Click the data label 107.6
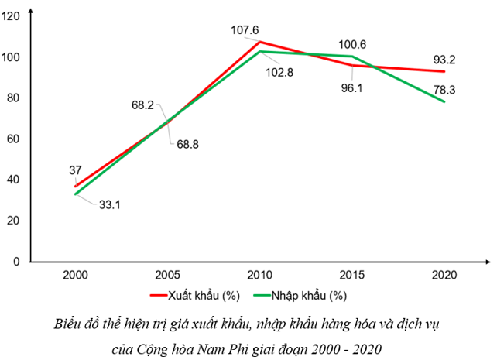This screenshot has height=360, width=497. pyautogui.click(x=245, y=31)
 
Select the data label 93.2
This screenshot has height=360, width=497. pyautogui.click(x=444, y=59)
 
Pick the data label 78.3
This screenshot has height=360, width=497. pyautogui.click(x=444, y=90)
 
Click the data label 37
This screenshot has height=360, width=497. pyautogui.click(x=75, y=170)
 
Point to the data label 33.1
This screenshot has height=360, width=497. pyautogui.click(x=110, y=204)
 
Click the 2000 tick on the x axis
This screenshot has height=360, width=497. pyautogui.click(x=75, y=275)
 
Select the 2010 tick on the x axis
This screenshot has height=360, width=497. pyautogui.click(x=259, y=275)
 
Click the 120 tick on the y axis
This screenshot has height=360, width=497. pyautogui.click(x=11, y=16)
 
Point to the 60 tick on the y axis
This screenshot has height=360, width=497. pyautogui.click(x=14, y=139)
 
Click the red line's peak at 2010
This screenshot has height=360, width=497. pyautogui.click(x=259, y=42)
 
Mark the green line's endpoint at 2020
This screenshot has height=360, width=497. pyautogui.click(x=444, y=102)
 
